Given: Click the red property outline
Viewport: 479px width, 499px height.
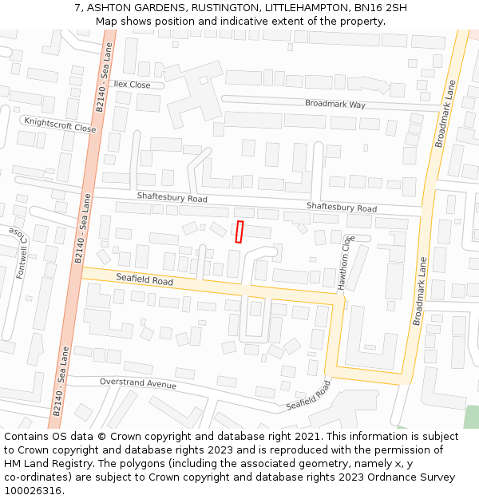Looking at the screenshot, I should point(239,232).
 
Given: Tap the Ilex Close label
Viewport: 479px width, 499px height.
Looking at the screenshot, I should point(132,85).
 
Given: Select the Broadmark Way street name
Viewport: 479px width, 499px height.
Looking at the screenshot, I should point(335,104).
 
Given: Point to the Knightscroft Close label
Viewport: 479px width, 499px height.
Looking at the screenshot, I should point(60,124).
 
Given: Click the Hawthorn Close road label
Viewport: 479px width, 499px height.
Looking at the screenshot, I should point(344,262).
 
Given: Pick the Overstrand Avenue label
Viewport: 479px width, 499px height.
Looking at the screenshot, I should point(137,383).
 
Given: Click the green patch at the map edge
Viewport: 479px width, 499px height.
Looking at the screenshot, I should point(471,417).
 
